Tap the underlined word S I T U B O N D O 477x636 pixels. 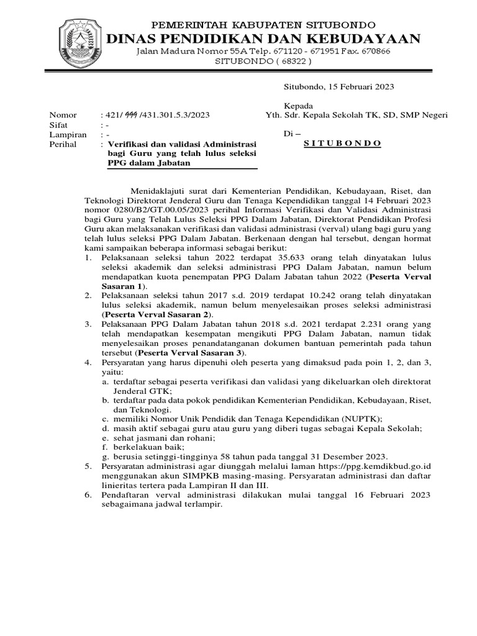342,143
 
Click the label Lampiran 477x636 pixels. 66,134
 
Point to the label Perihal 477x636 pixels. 63,143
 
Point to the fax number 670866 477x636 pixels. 375,51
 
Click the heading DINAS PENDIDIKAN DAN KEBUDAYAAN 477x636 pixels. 264,39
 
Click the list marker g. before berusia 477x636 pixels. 107,456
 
